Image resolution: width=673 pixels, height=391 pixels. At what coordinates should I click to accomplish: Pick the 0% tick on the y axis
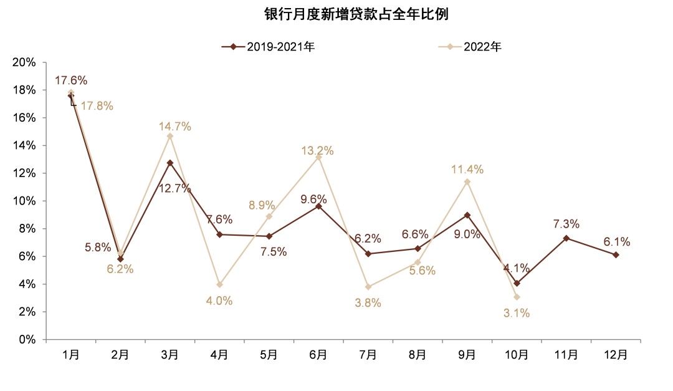point(29,340)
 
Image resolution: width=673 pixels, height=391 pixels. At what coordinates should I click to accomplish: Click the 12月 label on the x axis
point(616,355)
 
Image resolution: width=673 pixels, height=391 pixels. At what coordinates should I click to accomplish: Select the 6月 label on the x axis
point(318,355)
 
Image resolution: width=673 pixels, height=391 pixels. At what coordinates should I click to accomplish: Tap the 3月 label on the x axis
point(169,355)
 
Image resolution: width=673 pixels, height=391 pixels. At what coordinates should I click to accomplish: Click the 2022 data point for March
point(169,136)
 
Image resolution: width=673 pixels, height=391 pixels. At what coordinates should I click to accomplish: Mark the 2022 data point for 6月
point(318,157)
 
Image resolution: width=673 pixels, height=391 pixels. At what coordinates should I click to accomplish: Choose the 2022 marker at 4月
point(219,284)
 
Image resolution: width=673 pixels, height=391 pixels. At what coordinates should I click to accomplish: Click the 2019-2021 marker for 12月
point(616,254)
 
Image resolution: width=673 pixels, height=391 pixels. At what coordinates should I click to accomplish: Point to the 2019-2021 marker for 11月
point(566,238)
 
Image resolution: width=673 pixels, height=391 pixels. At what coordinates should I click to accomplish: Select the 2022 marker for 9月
point(467,181)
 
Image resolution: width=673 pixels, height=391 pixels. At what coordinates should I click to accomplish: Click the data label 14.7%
point(174,127)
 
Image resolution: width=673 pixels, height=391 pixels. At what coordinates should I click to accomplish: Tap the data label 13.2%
point(317,150)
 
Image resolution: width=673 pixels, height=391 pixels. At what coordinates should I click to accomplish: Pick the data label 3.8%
point(368,303)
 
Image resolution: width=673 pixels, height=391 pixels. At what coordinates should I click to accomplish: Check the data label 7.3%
point(566,224)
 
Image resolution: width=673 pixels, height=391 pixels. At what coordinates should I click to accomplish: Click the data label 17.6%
point(70,80)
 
